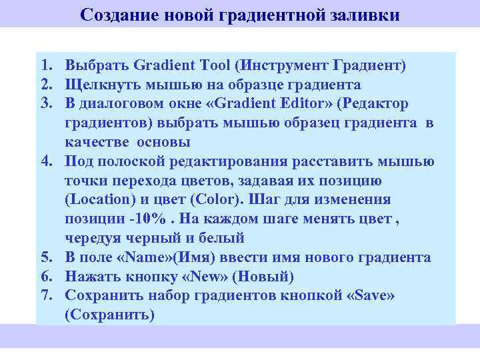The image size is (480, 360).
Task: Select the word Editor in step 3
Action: point(301,104)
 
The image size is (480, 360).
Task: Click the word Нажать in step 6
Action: point(91,277)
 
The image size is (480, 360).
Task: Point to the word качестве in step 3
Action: point(97,142)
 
